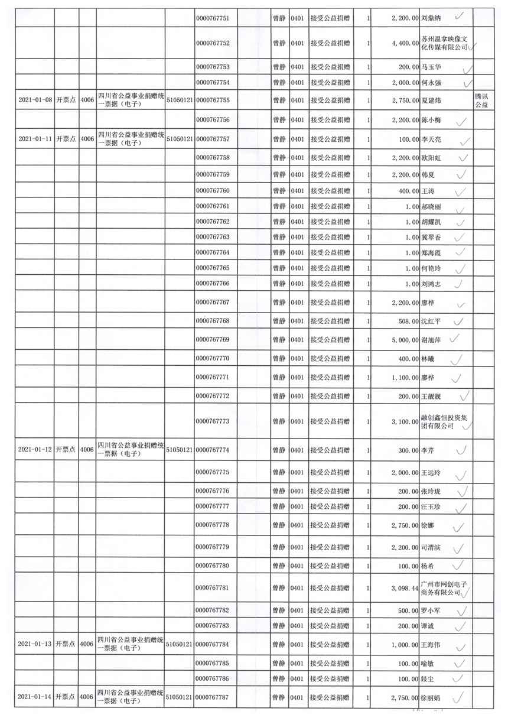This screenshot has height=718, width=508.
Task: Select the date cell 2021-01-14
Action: click(33, 697)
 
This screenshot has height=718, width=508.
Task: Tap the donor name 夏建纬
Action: click(431, 100)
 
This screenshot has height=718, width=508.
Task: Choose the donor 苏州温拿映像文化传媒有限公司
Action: click(443, 43)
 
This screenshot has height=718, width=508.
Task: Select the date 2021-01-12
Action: click(33, 450)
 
